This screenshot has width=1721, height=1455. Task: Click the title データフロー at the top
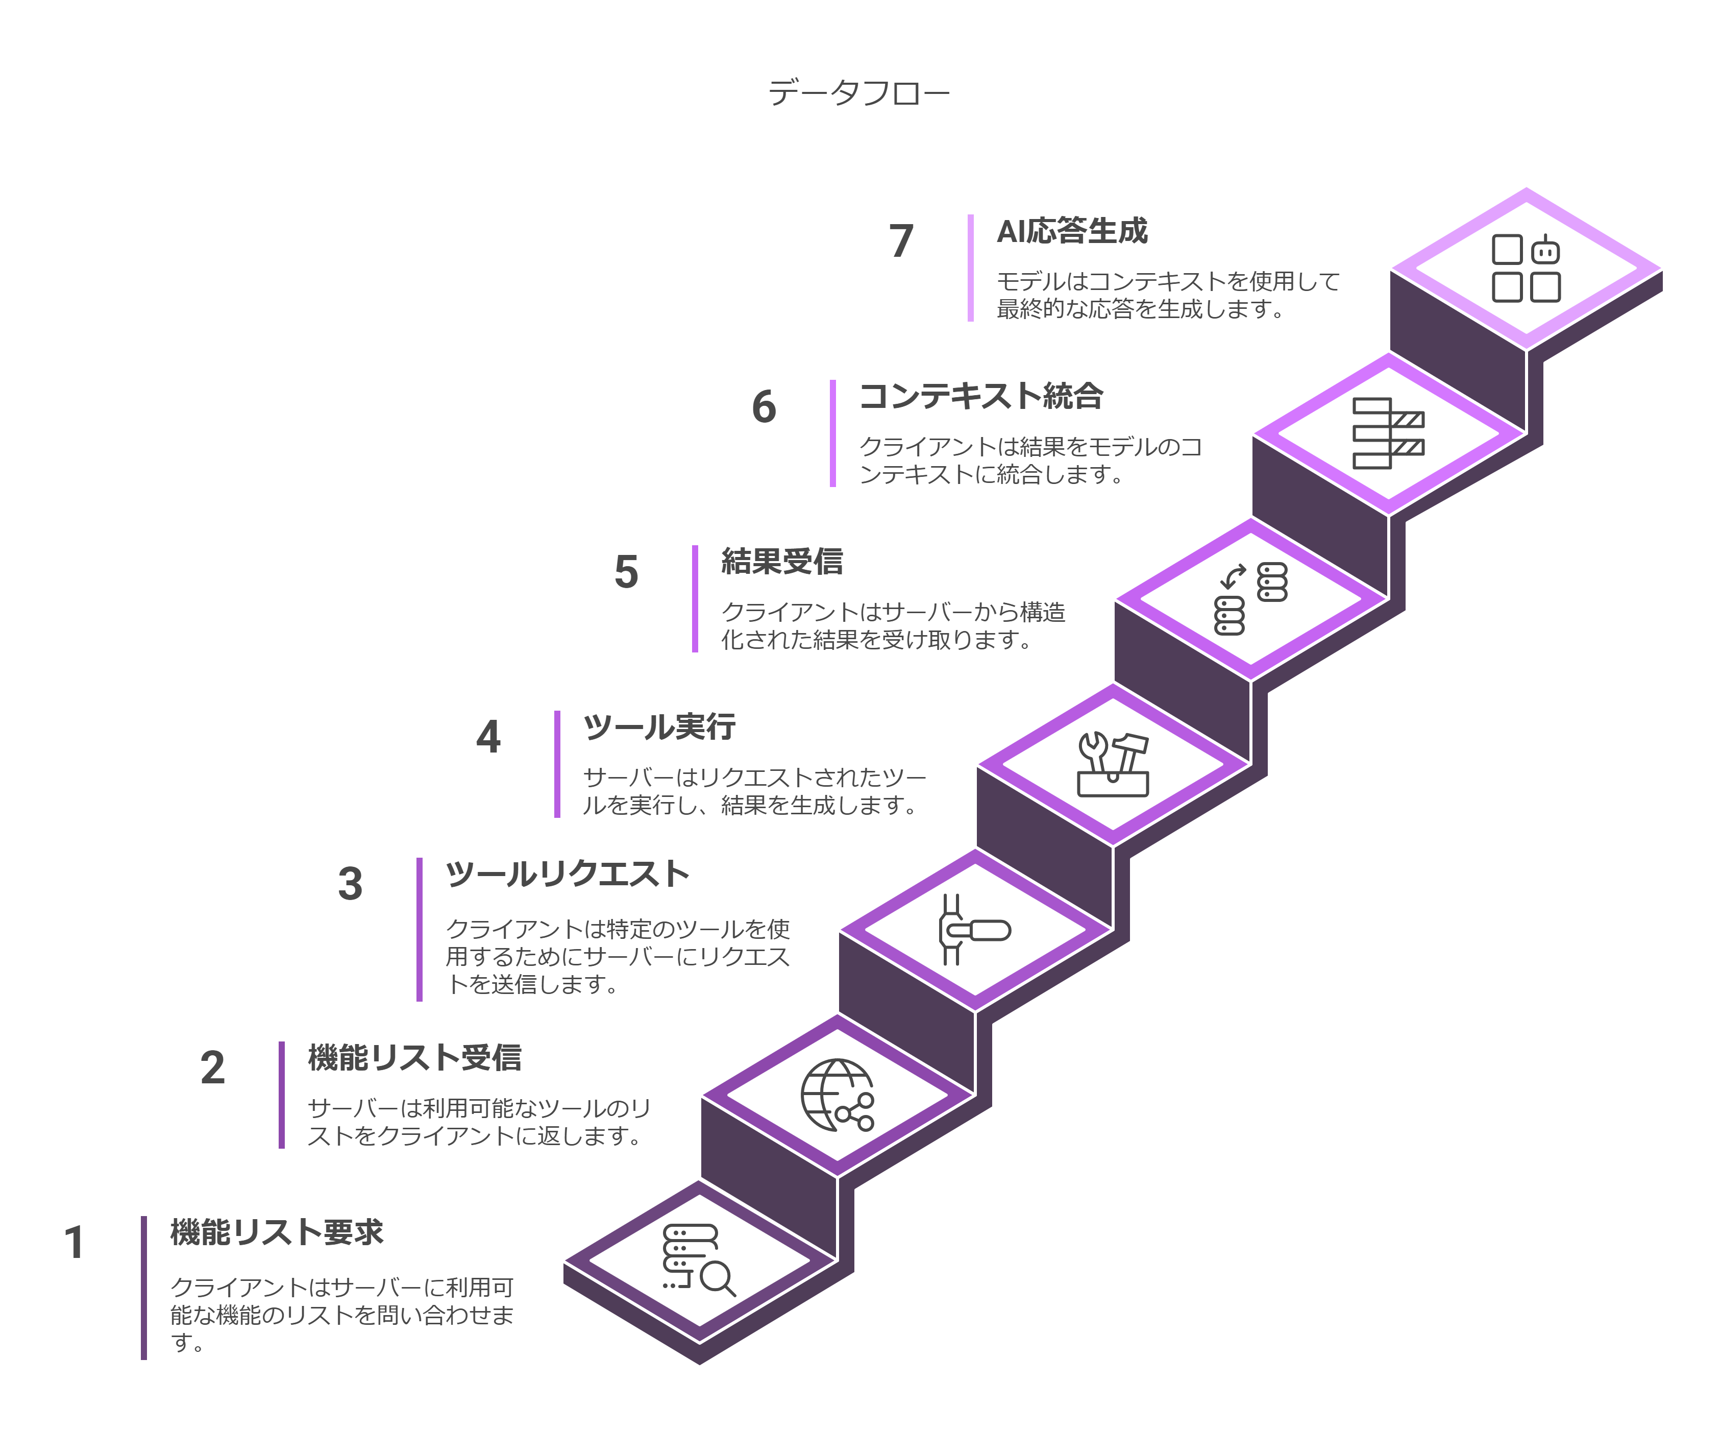click(858, 92)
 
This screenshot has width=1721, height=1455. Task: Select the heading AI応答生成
click(1071, 231)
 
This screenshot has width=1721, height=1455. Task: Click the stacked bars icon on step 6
click(1387, 433)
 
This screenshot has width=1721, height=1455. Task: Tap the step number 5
click(626, 572)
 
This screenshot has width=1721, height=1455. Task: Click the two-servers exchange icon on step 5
click(1250, 598)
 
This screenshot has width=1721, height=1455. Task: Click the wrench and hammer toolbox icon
click(1113, 764)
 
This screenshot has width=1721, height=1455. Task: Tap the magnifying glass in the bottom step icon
click(716, 1278)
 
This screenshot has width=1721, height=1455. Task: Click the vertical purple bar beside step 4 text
click(557, 764)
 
